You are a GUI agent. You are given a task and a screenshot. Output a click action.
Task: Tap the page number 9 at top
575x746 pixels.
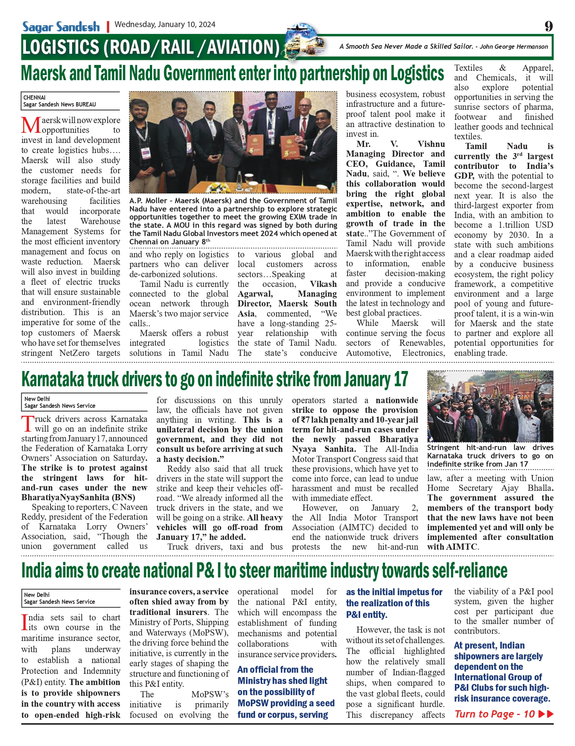click(x=548, y=26)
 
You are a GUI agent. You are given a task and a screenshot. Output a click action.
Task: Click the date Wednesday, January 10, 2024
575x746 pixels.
click(x=165, y=25)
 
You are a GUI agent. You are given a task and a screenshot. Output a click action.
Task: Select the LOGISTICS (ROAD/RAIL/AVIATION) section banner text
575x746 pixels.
click(x=151, y=48)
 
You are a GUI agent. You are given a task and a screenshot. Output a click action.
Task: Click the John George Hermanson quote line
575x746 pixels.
click(x=443, y=47)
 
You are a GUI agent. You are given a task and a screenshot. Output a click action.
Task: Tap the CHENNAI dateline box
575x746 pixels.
click(x=70, y=101)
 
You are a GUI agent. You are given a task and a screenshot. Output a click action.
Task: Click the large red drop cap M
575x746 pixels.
click(x=31, y=125)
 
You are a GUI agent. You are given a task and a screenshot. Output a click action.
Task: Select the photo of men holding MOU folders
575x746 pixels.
click(x=233, y=142)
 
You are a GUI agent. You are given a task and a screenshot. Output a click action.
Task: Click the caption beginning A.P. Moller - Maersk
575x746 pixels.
click(x=233, y=221)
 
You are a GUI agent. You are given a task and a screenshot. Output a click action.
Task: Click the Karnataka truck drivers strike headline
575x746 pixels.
click(x=214, y=380)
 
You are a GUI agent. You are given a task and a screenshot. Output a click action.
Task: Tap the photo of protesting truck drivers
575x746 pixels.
click(x=490, y=406)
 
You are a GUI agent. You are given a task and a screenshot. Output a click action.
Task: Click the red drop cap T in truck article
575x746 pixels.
click(x=28, y=424)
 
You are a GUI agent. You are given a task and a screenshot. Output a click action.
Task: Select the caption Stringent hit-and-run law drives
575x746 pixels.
click(x=490, y=456)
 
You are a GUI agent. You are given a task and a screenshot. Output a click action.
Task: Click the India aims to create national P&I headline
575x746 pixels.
click(x=264, y=571)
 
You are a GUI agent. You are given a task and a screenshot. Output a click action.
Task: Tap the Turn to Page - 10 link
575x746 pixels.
click(x=503, y=714)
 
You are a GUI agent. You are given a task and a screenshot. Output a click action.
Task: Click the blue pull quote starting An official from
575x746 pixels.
click(x=286, y=692)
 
